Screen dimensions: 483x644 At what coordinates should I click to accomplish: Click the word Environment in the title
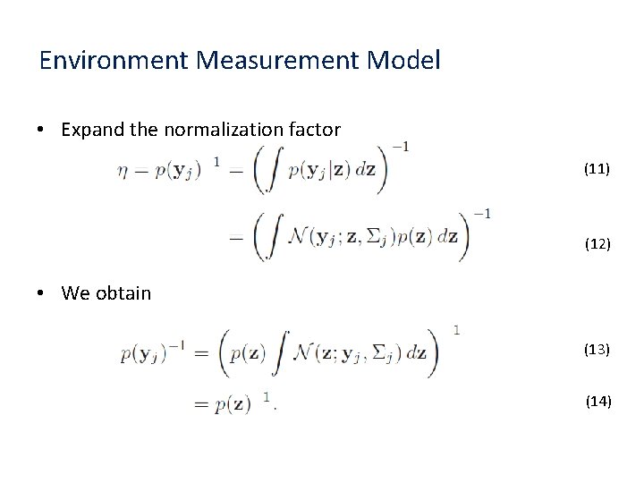(114, 62)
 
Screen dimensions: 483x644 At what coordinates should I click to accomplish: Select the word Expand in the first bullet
(93, 130)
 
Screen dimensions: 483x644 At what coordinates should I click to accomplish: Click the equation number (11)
(597, 168)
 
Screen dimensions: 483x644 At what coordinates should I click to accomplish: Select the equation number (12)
(597, 242)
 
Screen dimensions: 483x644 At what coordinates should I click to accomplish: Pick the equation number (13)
(597, 349)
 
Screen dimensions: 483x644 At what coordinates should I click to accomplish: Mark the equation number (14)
(597, 402)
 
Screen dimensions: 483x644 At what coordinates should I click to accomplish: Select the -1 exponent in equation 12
(481, 214)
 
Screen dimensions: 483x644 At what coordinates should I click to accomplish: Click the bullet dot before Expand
(43, 131)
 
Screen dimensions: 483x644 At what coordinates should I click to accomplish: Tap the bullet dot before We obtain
(43, 293)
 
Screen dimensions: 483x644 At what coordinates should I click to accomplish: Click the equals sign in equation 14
(200, 404)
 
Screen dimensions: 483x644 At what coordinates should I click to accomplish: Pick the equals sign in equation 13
(200, 352)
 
